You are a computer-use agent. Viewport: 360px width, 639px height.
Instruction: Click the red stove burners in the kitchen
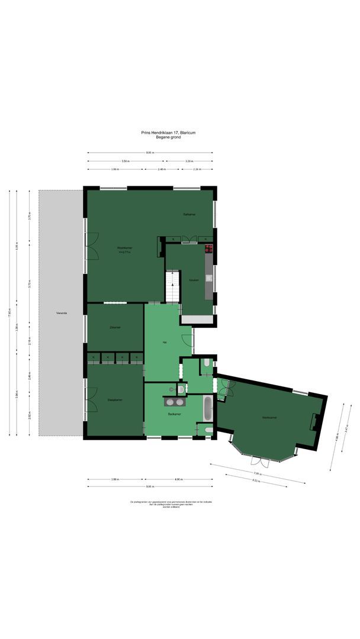pyautogui.click(x=208, y=248)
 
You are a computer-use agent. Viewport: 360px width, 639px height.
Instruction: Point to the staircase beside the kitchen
pyautogui.click(x=172, y=286)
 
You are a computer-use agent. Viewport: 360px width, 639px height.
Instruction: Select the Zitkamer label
pyautogui.click(x=115, y=327)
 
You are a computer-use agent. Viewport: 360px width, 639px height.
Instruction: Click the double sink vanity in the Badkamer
pyautogui.click(x=174, y=401)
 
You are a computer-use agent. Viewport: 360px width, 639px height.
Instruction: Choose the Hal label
pyautogui.click(x=164, y=343)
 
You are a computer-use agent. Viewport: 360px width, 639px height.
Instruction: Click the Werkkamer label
pyautogui.click(x=269, y=418)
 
